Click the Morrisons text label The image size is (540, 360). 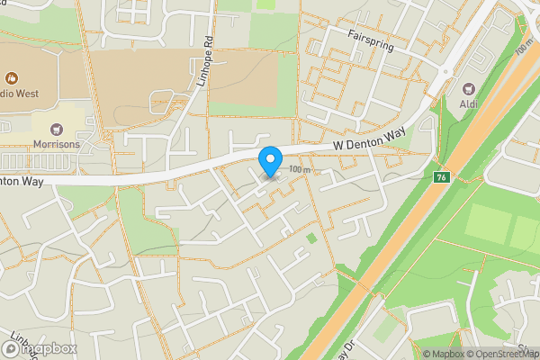pos(57,144)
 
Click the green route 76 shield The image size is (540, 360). pos(440,175)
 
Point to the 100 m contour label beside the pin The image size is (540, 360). pos(300,169)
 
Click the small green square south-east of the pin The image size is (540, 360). pos(312,238)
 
